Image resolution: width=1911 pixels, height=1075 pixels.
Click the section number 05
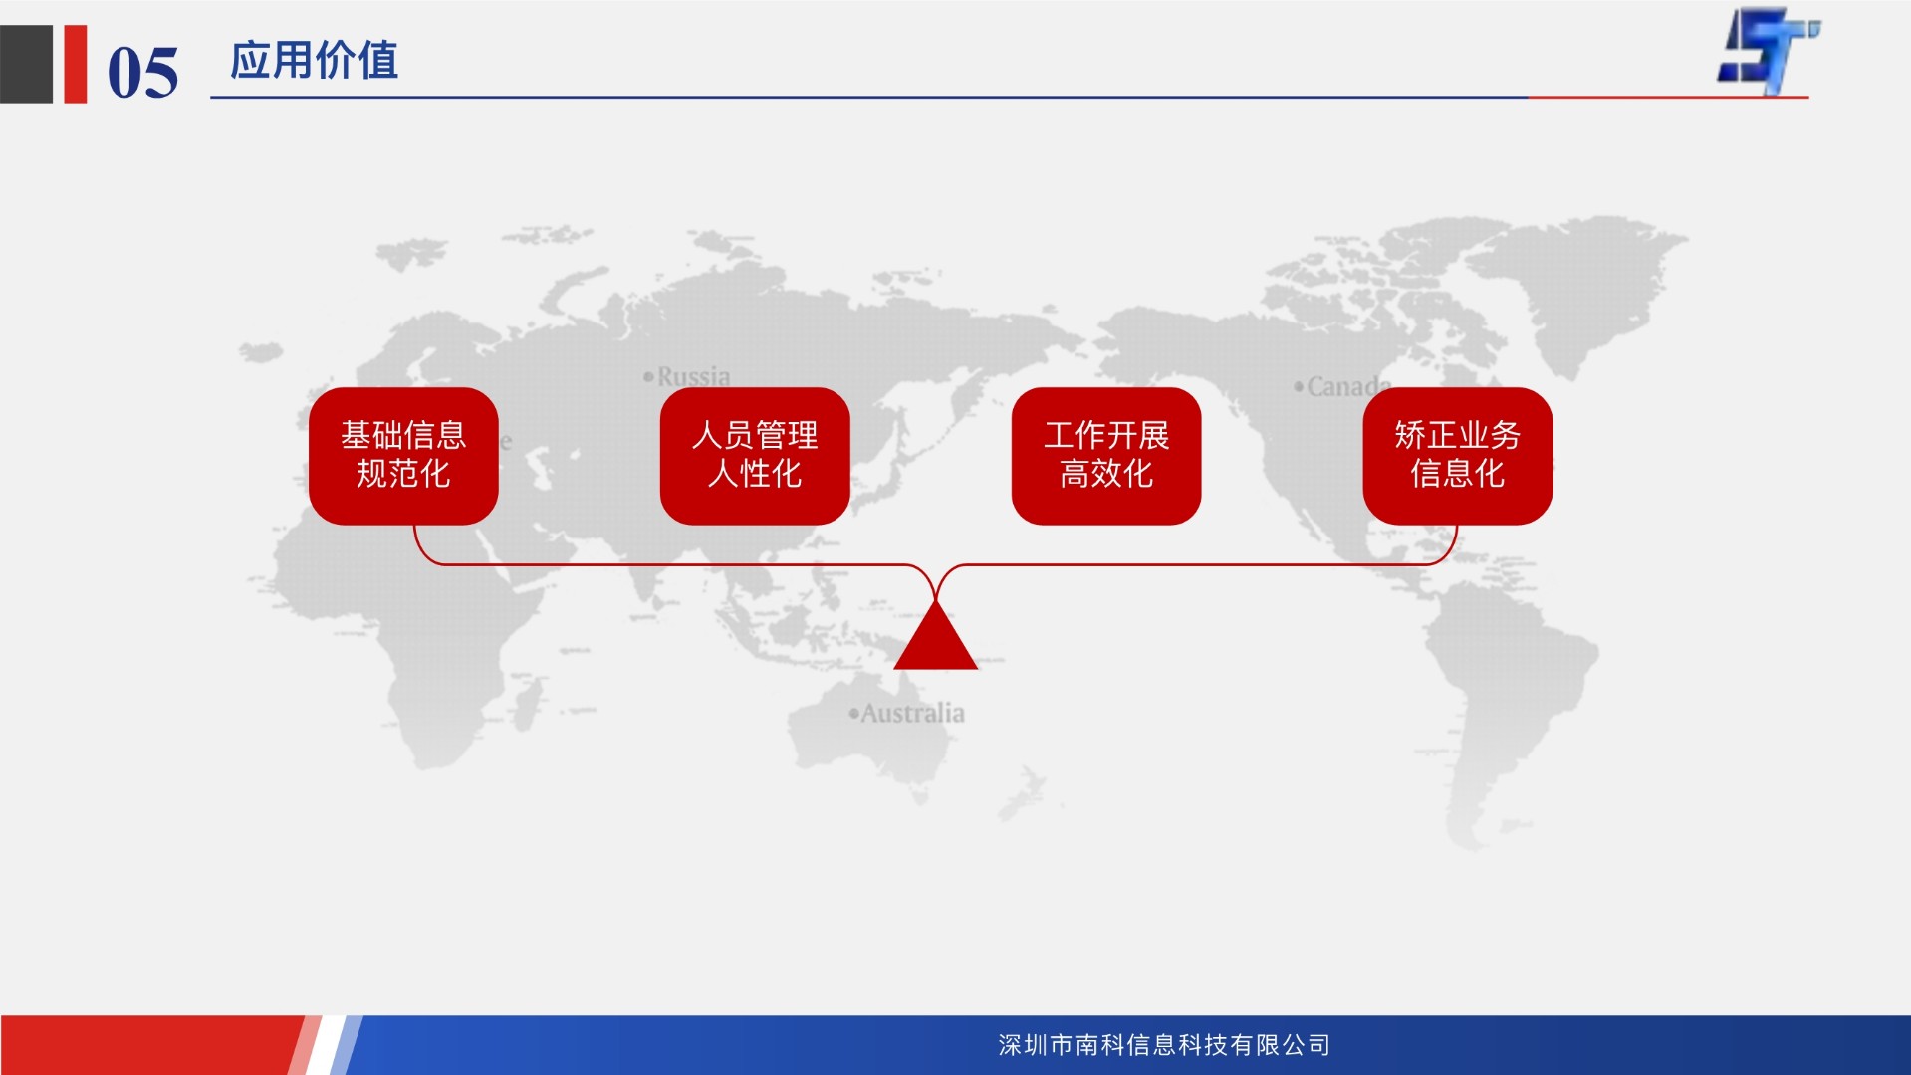click(142, 73)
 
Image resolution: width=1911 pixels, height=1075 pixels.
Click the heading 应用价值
click(314, 61)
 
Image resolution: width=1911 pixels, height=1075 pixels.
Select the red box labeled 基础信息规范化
click(403, 456)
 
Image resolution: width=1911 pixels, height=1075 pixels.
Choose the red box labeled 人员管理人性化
click(755, 456)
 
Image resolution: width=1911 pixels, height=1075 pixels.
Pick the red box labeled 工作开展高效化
click(1106, 456)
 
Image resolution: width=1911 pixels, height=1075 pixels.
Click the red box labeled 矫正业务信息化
click(1458, 456)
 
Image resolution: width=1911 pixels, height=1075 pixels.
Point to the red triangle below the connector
click(935, 638)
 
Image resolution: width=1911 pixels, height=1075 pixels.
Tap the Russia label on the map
click(693, 377)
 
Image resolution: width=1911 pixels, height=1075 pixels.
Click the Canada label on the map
click(1349, 386)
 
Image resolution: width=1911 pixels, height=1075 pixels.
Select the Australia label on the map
click(912, 713)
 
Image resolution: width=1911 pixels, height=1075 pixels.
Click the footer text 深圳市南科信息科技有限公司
click(1164, 1045)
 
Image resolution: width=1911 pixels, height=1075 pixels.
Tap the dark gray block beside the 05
click(26, 64)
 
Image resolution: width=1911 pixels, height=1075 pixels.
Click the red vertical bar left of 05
click(76, 64)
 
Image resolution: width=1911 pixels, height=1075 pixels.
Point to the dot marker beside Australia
click(853, 713)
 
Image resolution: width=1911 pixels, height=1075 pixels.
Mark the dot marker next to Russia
click(648, 376)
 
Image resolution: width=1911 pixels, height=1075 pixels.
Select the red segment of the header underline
click(1668, 98)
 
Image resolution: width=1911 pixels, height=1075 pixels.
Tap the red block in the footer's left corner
click(149, 1045)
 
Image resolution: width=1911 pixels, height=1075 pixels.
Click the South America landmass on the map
click(1504, 697)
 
